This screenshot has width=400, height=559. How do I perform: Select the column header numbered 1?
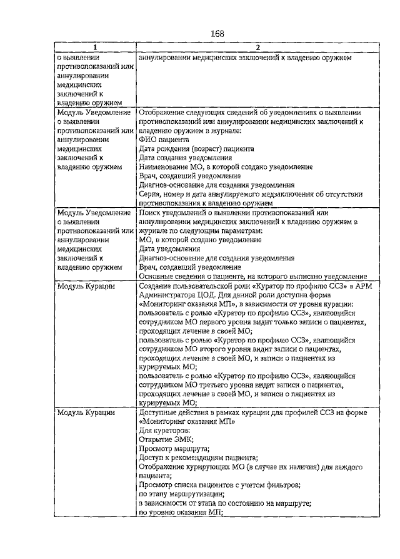coord(95,48)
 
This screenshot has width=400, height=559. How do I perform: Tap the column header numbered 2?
coord(257,48)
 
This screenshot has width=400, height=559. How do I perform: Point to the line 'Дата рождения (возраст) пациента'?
coord(196,150)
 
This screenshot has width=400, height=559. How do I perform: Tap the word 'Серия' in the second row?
coord(149,194)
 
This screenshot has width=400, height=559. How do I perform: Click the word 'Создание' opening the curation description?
coord(154,286)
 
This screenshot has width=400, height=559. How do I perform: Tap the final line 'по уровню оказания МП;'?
coord(181,512)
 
